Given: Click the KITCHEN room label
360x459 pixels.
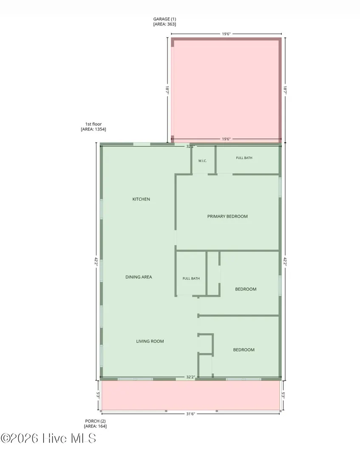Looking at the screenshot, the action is [141, 199].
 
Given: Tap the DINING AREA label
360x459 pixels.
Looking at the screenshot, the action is [139, 277].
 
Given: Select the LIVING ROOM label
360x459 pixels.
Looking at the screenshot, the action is [150, 341].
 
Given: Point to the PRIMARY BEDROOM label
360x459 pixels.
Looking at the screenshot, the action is [227, 216].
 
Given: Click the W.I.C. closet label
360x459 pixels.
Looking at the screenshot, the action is [203, 161].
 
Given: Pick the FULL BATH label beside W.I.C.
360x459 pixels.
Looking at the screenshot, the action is [244, 158].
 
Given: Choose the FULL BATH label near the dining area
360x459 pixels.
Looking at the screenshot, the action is [191, 278].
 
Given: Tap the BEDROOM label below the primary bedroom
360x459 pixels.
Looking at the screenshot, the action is [246, 289].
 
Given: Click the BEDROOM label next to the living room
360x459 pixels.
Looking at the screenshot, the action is [244, 349].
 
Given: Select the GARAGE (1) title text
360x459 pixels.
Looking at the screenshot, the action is [165, 19].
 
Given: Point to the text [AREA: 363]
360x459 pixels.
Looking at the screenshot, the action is [164, 24].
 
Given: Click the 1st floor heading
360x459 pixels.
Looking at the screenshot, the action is [94, 124].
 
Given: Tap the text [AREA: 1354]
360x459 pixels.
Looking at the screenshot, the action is [94, 129].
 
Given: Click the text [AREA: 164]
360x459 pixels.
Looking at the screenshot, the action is [95, 426].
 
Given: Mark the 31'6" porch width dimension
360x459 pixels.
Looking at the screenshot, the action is [190, 414].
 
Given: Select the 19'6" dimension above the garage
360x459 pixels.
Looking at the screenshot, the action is [226, 34].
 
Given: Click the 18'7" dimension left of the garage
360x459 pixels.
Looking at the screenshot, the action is [167, 90].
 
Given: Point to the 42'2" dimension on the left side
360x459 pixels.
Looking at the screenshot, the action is [96, 261].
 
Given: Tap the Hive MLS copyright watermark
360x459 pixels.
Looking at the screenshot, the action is [48, 438].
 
